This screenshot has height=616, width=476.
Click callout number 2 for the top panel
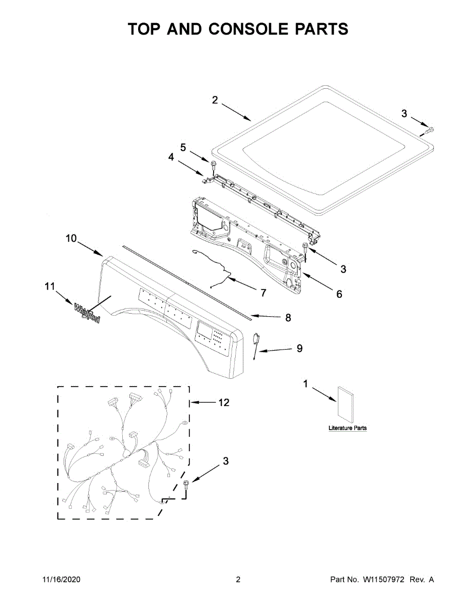pos(215,100)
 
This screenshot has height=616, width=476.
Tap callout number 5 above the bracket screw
pos(183,147)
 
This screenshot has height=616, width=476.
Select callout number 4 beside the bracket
pos(171,158)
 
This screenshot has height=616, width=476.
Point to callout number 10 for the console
pos(71,238)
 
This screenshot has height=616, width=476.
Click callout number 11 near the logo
pos(49,287)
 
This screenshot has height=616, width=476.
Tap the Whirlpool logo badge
pos(87,312)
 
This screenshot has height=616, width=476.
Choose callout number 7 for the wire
pos(263,293)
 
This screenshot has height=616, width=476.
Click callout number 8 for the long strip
pos(288,318)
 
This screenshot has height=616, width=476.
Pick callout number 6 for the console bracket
pos(339,294)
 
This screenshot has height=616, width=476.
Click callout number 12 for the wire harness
pos(223,402)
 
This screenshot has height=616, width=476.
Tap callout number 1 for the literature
pos(306,384)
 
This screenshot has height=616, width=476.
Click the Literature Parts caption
pos(348,428)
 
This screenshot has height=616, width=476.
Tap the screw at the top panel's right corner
pos(429,130)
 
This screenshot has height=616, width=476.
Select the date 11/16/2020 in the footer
pos(61,580)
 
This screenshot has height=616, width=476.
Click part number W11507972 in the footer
pos(384,580)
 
